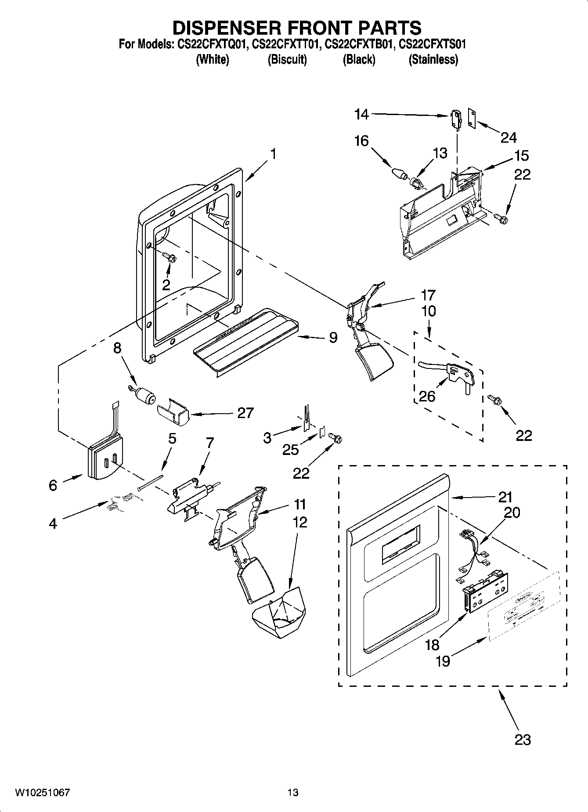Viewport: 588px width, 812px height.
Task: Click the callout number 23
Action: pos(523,740)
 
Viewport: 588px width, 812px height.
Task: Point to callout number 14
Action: pos(361,115)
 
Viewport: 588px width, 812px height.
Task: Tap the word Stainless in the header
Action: pos(433,60)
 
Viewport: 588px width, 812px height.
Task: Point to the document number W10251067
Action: pos(43,793)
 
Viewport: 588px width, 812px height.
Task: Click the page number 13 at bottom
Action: pos(293,793)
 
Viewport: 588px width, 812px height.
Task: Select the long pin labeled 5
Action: pos(150,482)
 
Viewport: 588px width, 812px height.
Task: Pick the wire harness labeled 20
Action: pos(470,553)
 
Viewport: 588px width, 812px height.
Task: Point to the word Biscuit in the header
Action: pos(287,60)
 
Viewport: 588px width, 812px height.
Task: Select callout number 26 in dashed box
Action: pos(427,396)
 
